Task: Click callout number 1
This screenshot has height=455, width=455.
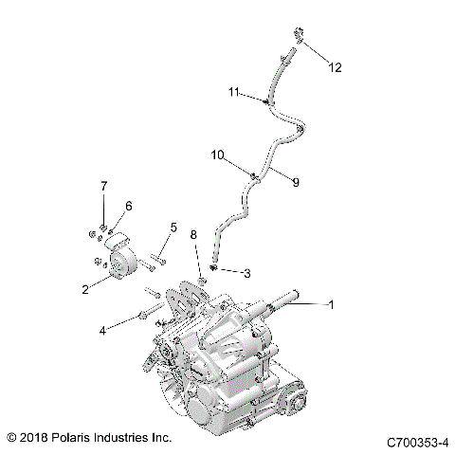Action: (x=331, y=305)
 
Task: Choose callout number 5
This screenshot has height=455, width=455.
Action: (x=173, y=227)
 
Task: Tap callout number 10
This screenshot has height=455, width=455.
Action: (x=216, y=154)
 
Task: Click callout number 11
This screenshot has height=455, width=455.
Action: (x=233, y=92)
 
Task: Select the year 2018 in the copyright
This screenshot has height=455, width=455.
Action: (x=35, y=438)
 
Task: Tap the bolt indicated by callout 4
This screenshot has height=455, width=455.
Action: (x=142, y=313)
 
